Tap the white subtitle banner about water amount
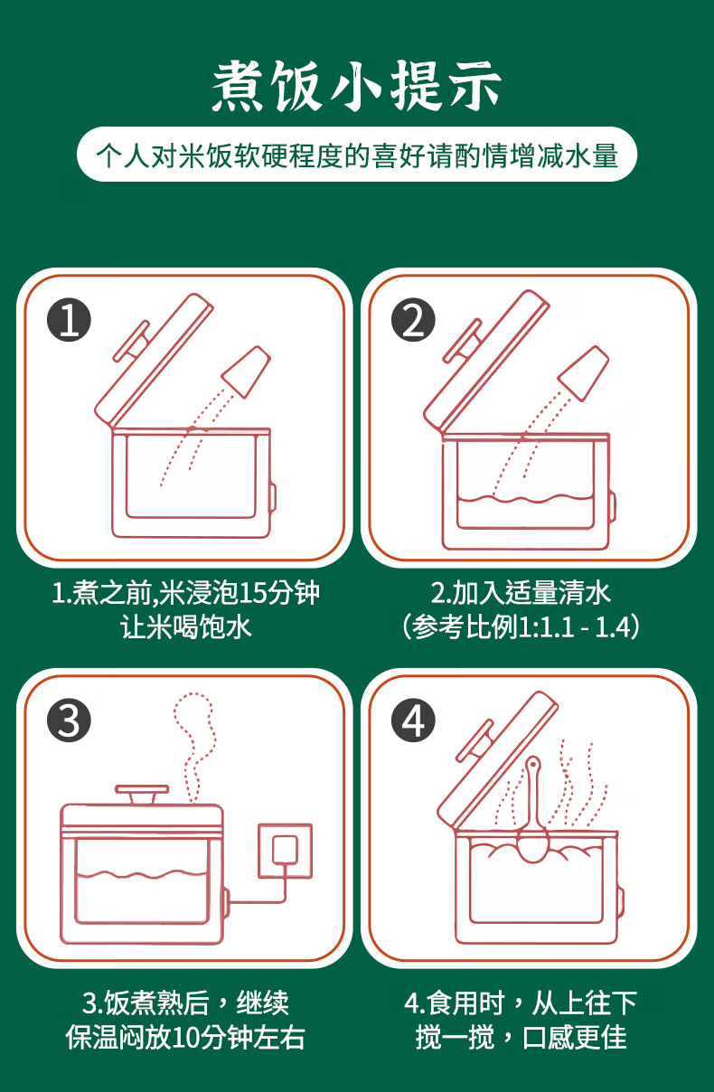click(357, 155)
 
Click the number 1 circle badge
click(70, 320)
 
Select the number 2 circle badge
click(413, 320)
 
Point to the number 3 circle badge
click(70, 720)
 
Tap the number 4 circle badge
click(413, 720)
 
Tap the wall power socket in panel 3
click(285, 850)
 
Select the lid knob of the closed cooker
click(142, 795)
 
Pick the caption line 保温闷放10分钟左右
click(185, 1037)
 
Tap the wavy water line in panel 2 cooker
click(524, 498)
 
